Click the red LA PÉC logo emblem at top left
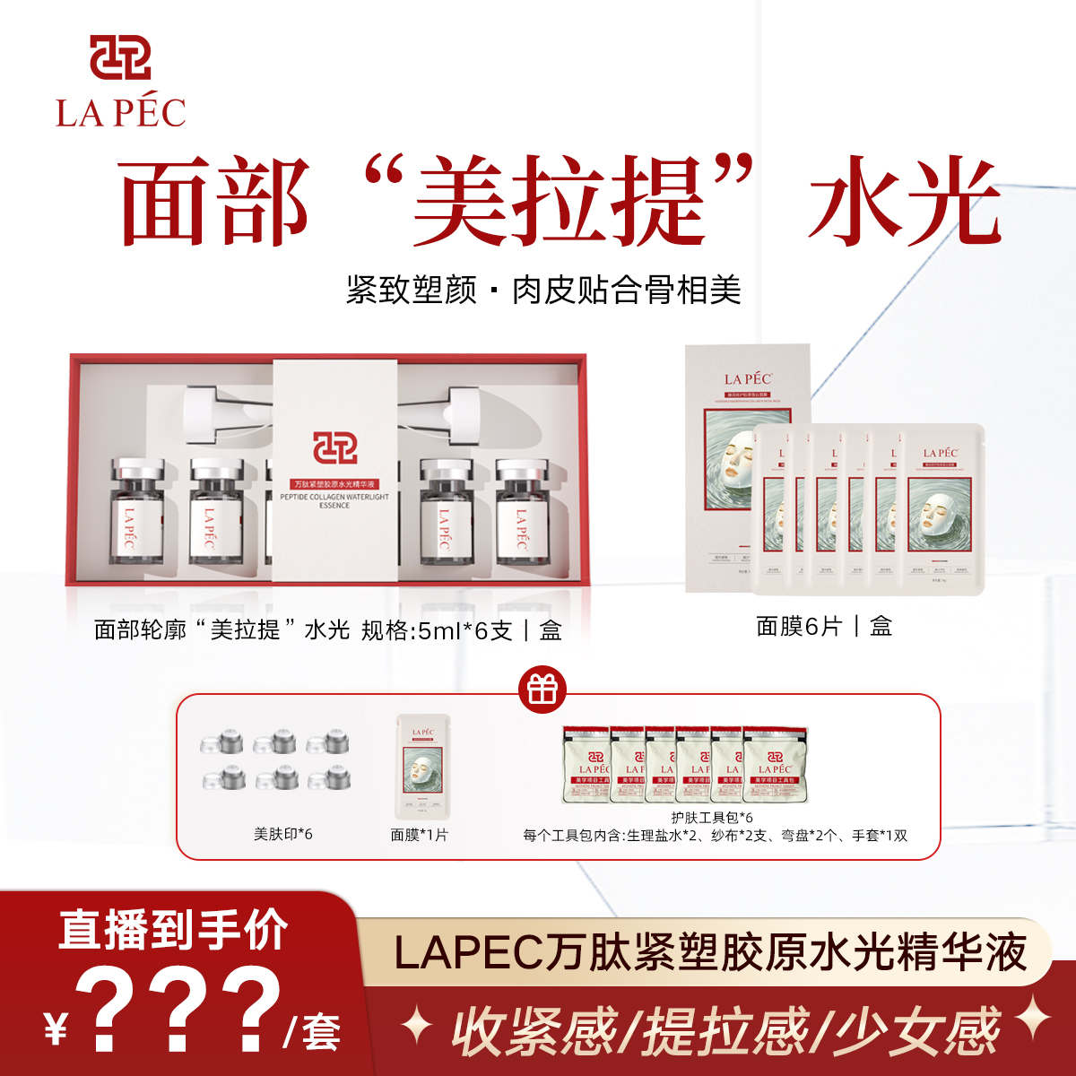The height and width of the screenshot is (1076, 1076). tap(120, 58)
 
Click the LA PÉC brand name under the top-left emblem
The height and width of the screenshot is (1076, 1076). tap(120, 113)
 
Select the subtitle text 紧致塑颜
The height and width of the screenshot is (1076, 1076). tap(411, 291)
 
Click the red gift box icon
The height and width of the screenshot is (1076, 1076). tap(542, 689)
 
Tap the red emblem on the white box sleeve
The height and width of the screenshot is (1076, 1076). tap(334, 447)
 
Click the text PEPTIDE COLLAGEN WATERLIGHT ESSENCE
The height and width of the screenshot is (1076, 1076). tap(334, 500)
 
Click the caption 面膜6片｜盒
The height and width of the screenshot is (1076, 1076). tap(823, 627)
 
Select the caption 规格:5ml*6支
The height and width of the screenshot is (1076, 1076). tap(437, 630)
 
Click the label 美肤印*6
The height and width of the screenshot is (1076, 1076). tap(282, 834)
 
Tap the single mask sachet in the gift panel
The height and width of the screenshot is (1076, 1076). tap(423, 767)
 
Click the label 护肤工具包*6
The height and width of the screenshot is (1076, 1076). tap(712, 817)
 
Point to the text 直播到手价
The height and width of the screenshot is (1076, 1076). tap(173, 930)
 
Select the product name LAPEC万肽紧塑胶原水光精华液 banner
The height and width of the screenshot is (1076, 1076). tap(709, 952)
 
